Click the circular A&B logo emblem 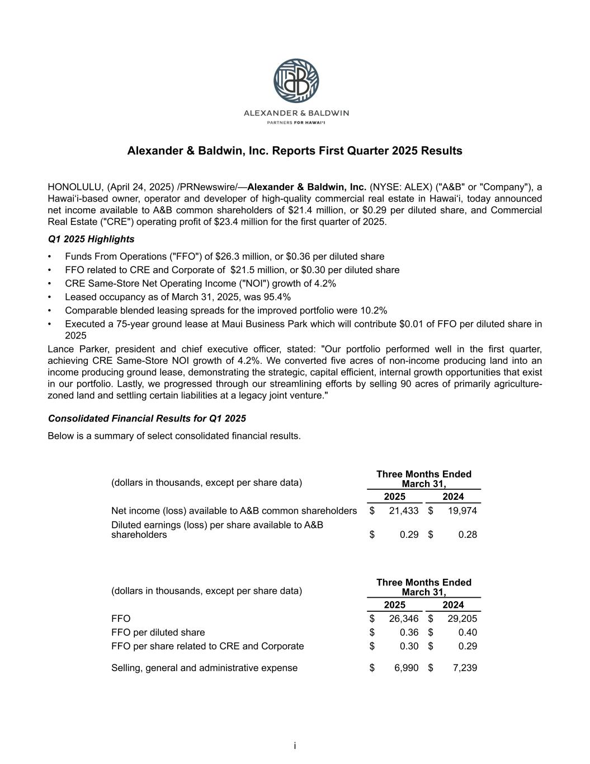pyautogui.click(x=296, y=81)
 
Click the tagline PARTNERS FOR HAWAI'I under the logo pyautogui.click(x=296, y=122)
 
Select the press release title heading pyautogui.click(x=295, y=151)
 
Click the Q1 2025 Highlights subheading pyautogui.click(x=91, y=240)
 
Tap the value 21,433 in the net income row pyautogui.click(x=404, y=511)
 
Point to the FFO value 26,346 pyautogui.click(x=404, y=619)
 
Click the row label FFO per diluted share pyautogui.click(x=158, y=632)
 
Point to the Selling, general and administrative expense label pyautogui.click(x=205, y=668)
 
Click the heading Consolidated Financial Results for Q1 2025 pyautogui.click(x=147, y=419)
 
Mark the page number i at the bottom pyautogui.click(x=295, y=746)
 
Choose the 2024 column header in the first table pyautogui.click(x=453, y=497)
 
